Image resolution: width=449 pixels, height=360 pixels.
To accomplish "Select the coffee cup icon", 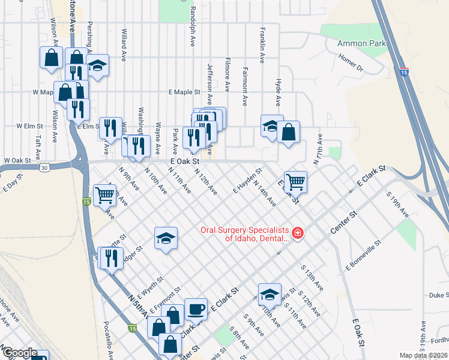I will coord(195,309).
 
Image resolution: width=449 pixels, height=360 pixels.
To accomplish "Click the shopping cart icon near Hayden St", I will coord(295,181).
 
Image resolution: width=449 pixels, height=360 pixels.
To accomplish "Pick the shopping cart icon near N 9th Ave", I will coord(104,194).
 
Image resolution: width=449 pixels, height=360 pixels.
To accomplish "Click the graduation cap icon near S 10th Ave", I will coord(270,294).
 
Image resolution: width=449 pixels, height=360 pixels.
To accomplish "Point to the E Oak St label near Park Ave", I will coord(184,161).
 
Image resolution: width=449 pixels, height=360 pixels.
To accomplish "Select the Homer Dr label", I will coord(352,63).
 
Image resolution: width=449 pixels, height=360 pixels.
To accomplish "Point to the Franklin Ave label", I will coord(262,45).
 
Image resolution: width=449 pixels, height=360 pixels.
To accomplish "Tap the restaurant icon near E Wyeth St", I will coord(110,259).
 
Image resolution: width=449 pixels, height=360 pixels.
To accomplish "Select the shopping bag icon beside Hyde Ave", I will coord(288,132).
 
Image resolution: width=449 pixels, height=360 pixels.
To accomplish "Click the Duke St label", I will coord(438,295).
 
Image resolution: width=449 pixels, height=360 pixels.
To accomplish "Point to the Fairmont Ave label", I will coord(244,86).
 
